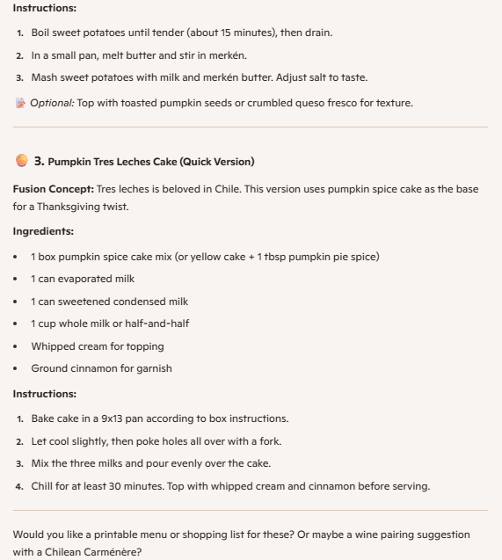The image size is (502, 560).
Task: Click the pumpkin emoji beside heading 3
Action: (20, 161)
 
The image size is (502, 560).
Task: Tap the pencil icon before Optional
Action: (20, 103)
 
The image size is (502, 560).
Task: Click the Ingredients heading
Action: (43, 231)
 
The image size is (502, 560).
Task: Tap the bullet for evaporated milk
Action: (18, 279)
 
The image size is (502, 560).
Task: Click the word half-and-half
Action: (159, 324)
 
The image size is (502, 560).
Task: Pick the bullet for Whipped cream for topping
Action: (18, 346)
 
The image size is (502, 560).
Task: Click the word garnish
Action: (152, 368)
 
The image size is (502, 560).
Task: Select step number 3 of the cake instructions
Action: (18, 463)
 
